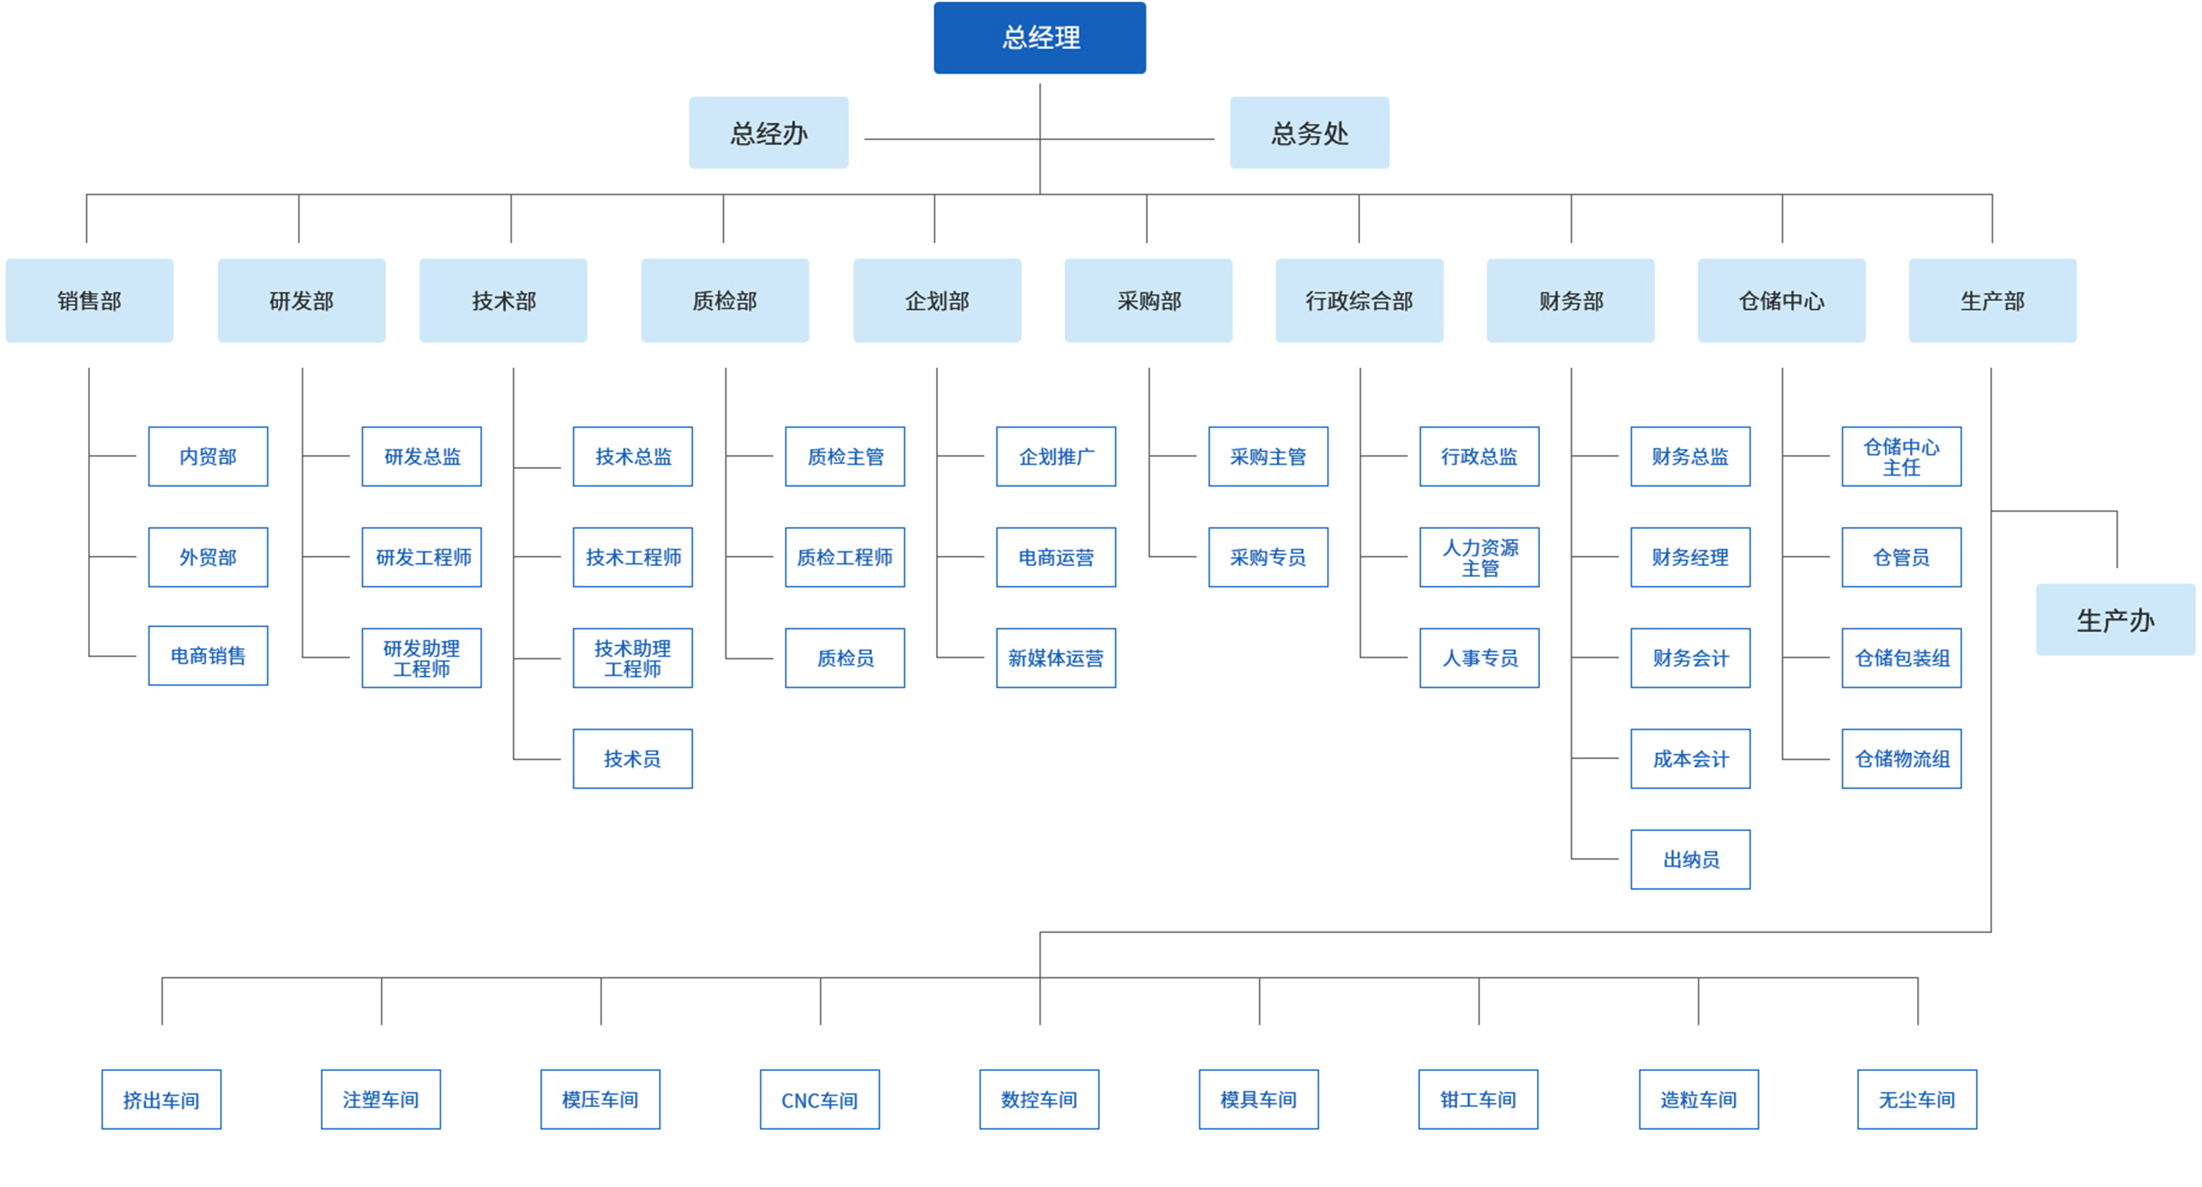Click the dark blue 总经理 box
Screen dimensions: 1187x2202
[1039, 37]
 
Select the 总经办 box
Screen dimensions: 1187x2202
[768, 133]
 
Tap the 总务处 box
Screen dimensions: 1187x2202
[1309, 133]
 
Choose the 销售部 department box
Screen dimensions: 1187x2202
[89, 300]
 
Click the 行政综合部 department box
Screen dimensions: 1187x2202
[1359, 300]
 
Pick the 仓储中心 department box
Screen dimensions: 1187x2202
[1781, 300]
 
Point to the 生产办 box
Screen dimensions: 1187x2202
[2115, 620]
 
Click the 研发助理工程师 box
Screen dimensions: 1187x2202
[421, 658]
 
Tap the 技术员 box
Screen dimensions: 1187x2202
[633, 758]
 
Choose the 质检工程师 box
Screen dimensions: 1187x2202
[845, 556]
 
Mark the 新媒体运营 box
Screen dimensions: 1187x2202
[1055, 658]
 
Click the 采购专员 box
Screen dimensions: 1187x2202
[1268, 556]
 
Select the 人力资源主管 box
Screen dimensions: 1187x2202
[1479, 556]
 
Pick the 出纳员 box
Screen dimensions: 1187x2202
[1690, 860]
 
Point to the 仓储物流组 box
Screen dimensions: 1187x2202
[1901, 758]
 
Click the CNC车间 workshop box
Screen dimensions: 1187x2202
[819, 1100]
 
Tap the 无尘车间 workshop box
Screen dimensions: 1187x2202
[1916, 1100]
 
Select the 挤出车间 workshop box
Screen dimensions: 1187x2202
[161, 1100]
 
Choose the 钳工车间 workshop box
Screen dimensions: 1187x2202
[1478, 1100]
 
